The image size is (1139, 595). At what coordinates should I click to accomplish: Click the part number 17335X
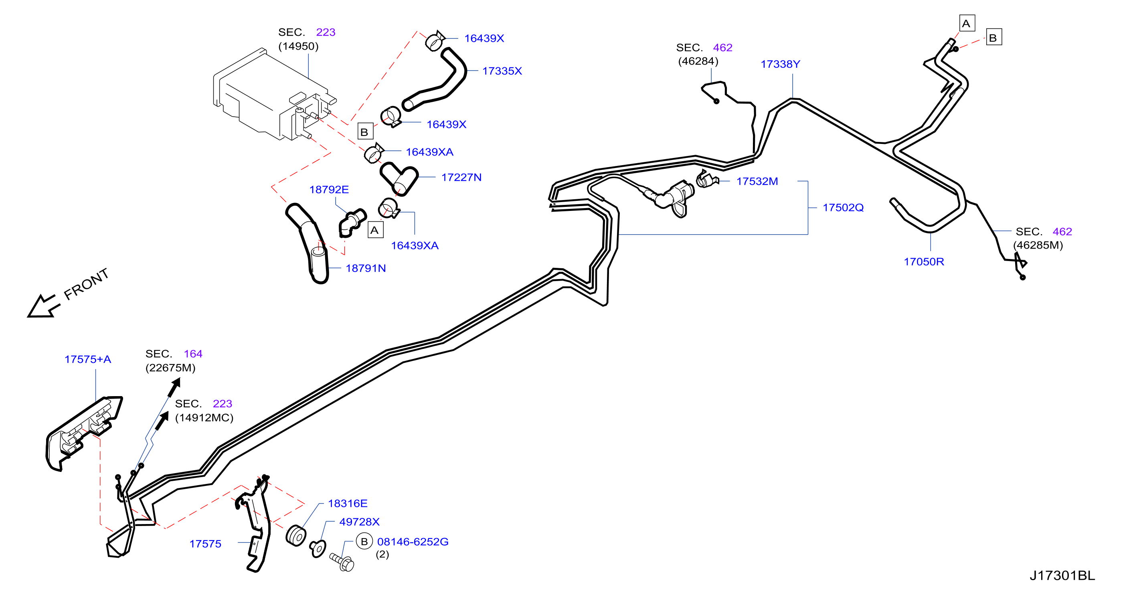(x=502, y=71)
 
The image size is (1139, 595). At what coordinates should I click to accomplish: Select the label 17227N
(x=461, y=177)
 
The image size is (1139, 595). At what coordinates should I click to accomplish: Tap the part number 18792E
(x=329, y=190)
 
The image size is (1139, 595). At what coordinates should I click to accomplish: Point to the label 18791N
(x=366, y=268)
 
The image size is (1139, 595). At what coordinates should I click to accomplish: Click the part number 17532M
(x=757, y=181)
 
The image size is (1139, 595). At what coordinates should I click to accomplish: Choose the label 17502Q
(x=843, y=207)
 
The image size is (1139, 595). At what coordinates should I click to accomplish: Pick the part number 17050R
(x=924, y=262)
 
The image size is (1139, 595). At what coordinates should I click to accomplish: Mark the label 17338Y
(x=780, y=64)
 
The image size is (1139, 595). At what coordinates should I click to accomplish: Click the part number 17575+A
(x=87, y=359)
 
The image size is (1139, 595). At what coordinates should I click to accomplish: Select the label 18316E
(x=348, y=504)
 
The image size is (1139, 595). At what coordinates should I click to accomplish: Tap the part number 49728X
(x=359, y=522)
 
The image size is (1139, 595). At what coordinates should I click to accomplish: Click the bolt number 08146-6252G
(x=413, y=542)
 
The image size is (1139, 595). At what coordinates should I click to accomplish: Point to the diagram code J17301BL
(x=1062, y=575)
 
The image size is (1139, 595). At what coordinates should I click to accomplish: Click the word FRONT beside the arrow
(x=86, y=284)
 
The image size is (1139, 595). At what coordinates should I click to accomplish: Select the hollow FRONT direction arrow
(x=43, y=306)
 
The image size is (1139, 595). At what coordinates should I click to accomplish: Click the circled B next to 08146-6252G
(x=364, y=542)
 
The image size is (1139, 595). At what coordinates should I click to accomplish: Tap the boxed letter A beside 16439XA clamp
(x=375, y=230)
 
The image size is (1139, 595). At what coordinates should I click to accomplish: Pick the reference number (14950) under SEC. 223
(x=298, y=47)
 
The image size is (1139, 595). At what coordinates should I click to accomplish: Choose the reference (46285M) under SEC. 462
(x=1038, y=245)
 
